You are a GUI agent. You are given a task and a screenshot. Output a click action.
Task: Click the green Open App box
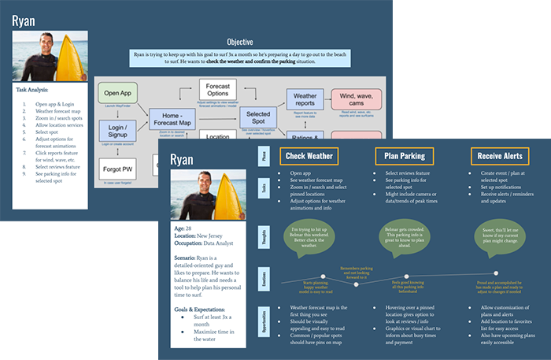pyautogui.click(x=117, y=95)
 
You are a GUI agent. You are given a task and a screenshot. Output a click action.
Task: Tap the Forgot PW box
pyautogui.click(x=117, y=169)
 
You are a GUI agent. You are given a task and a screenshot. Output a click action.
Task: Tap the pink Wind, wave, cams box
pyautogui.click(x=356, y=101)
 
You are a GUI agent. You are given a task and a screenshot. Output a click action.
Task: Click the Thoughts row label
pyautogui.click(x=264, y=234)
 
